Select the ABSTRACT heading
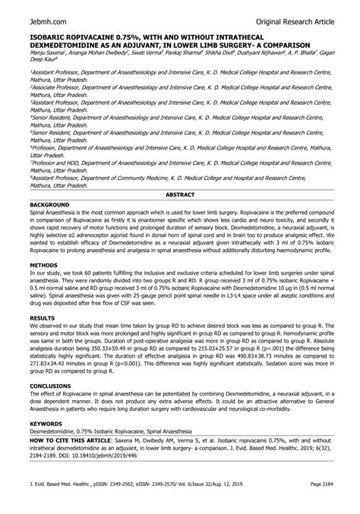click(180, 195)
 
